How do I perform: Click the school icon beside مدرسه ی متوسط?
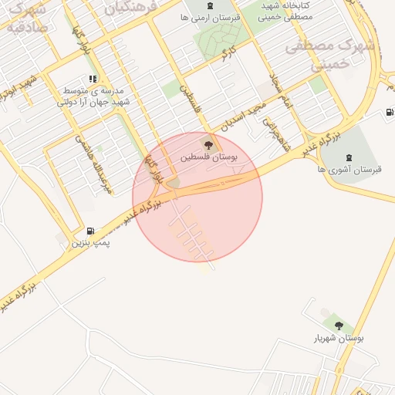(x=93, y=79)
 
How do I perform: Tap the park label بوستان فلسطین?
(x=209, y=157)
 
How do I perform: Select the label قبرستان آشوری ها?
(x=356, y=170)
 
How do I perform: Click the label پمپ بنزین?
(x=91, y=242)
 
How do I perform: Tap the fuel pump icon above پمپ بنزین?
(x=92, y=230)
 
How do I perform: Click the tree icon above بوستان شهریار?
(x=338, y=325)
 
